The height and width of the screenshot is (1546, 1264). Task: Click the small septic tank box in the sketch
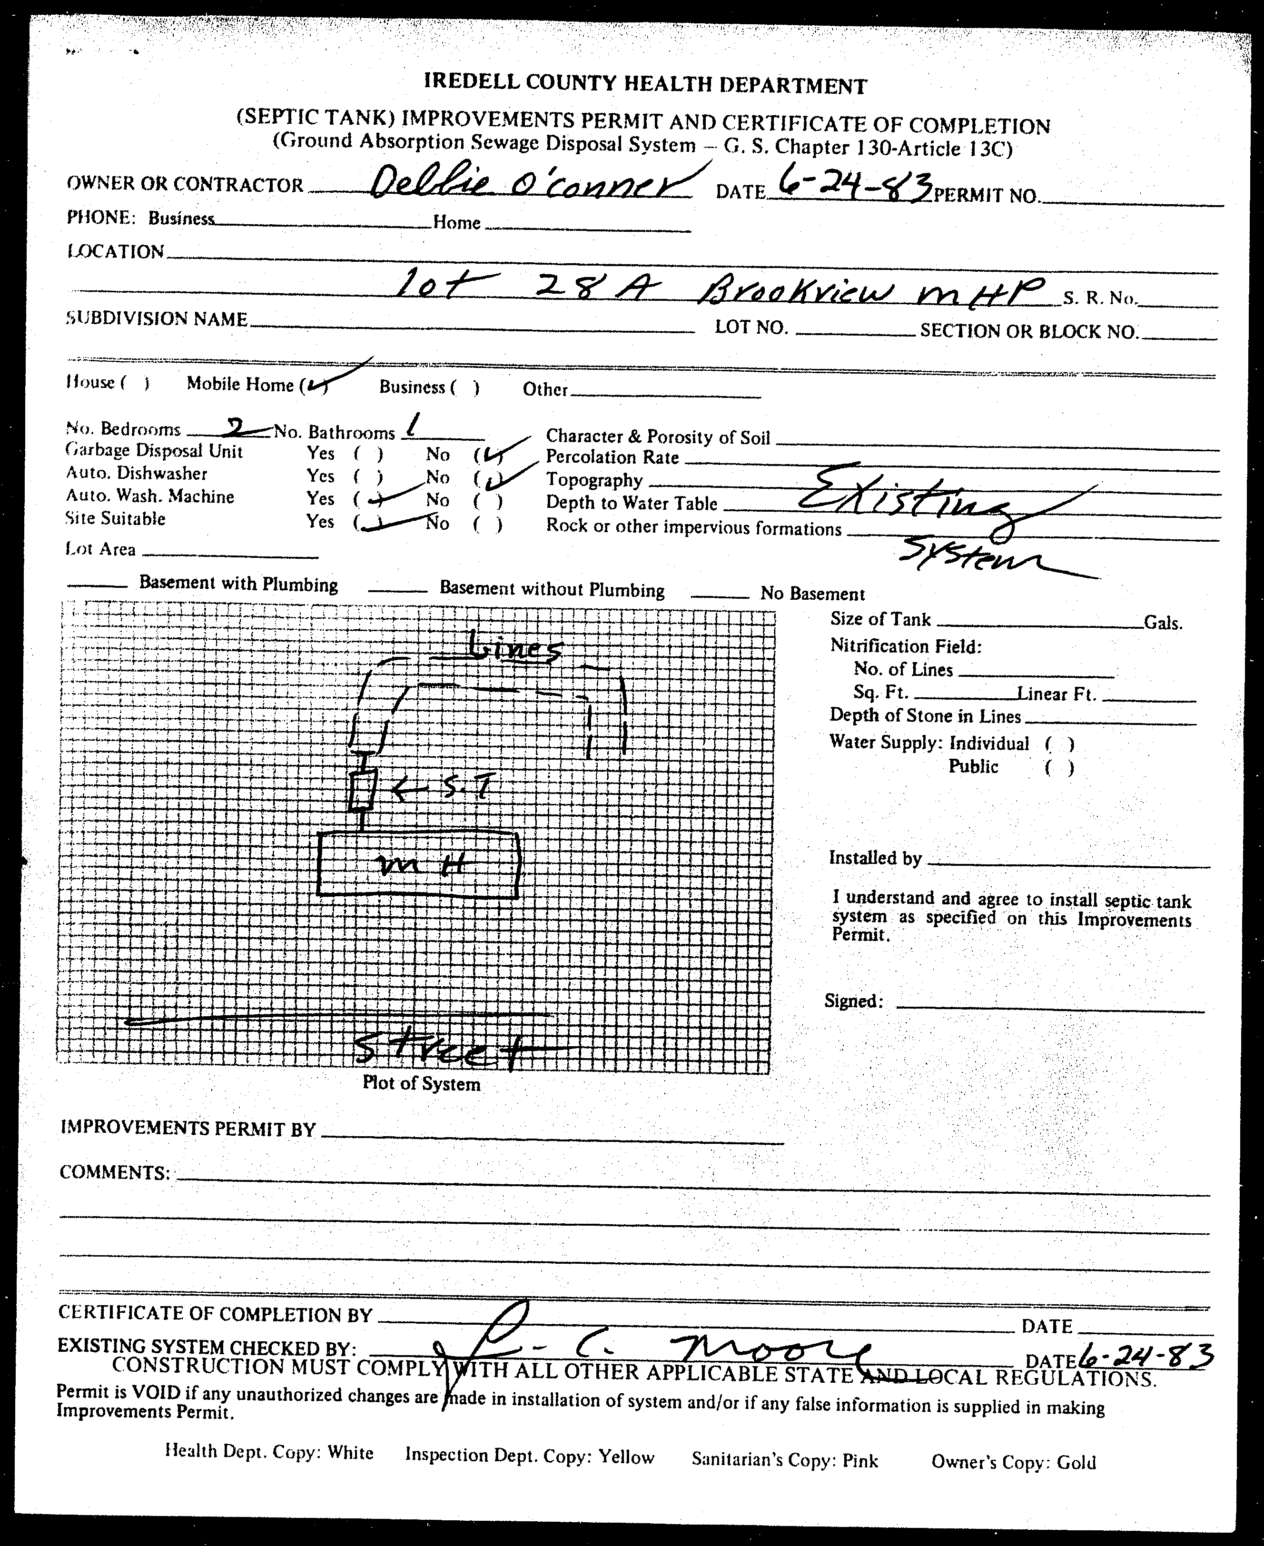pyautogui.click(x=361, y=791)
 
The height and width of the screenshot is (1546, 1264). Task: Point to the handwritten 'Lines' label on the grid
pyautogui.click(x=514, y=647)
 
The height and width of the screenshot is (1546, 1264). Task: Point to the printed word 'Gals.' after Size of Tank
pyautogui.click(x=1163, y=623)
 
